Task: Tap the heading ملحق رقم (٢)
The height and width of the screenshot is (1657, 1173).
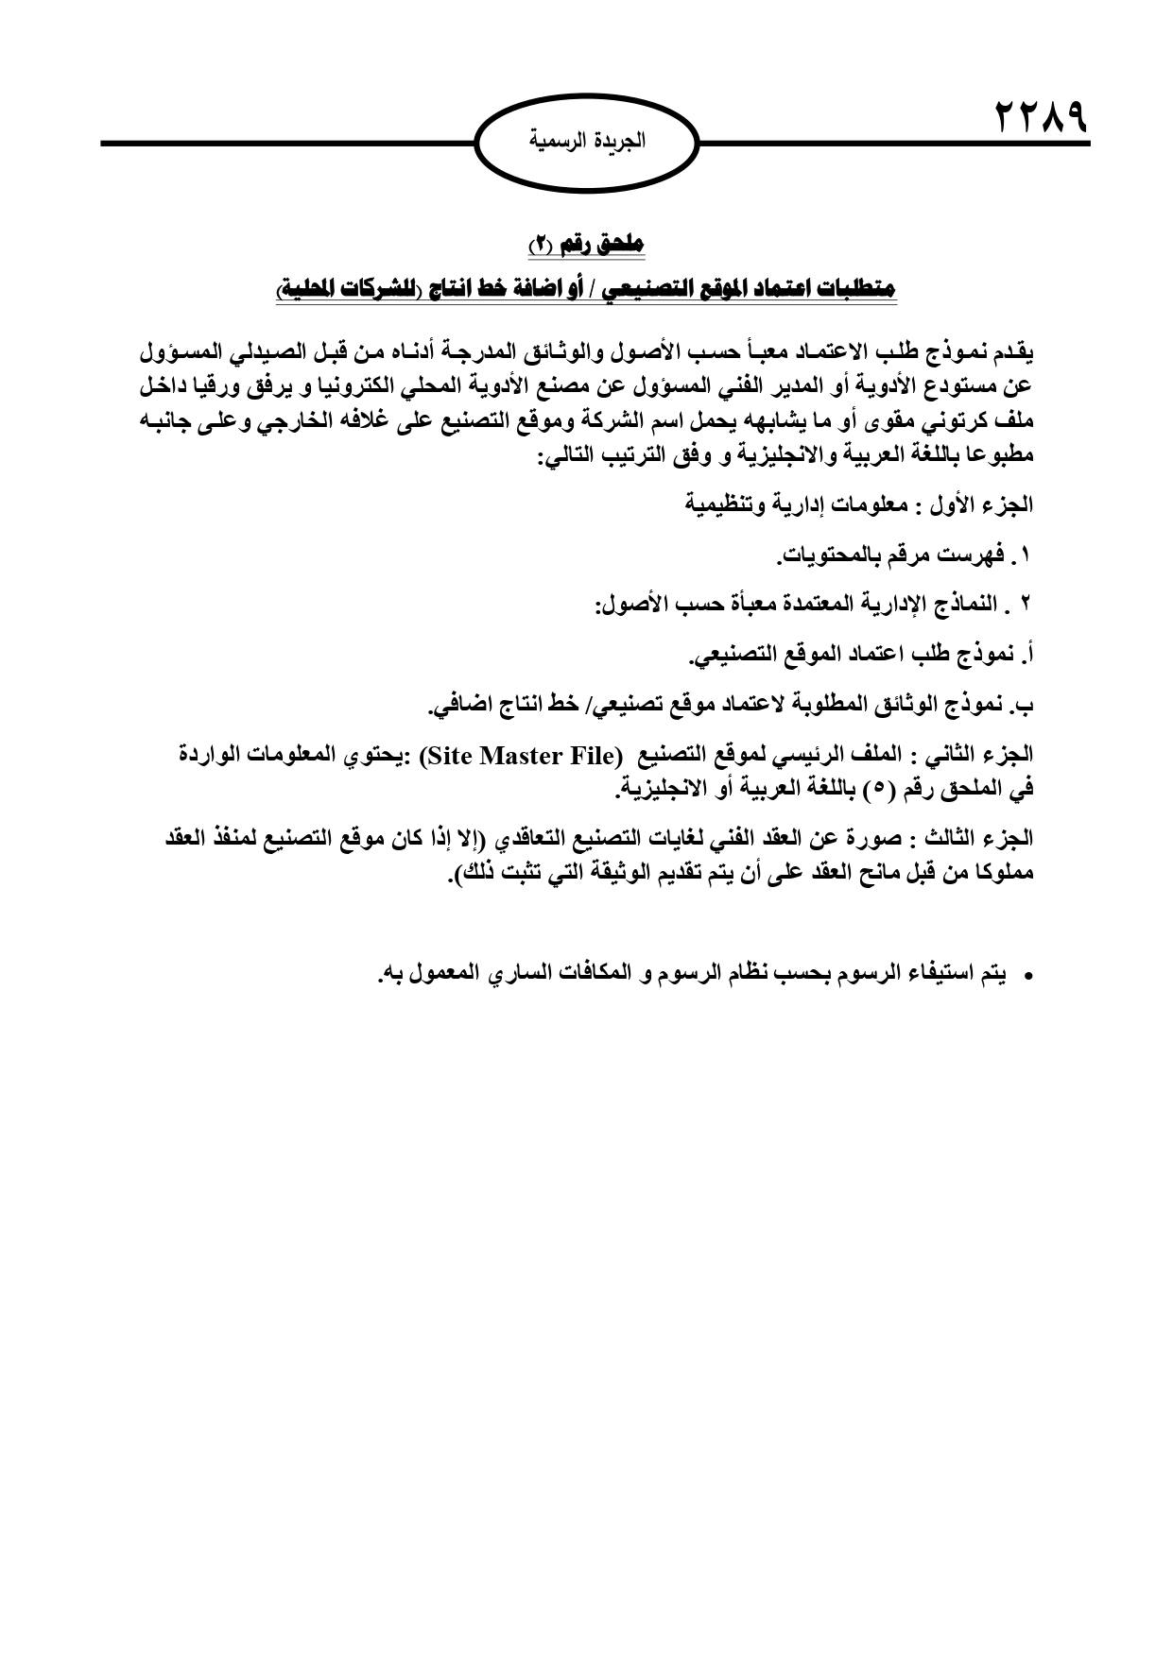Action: pos(585,244)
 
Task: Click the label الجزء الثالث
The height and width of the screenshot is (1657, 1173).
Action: pos(992,838)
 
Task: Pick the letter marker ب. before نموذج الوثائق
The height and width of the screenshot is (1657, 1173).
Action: pos(1025,704)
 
